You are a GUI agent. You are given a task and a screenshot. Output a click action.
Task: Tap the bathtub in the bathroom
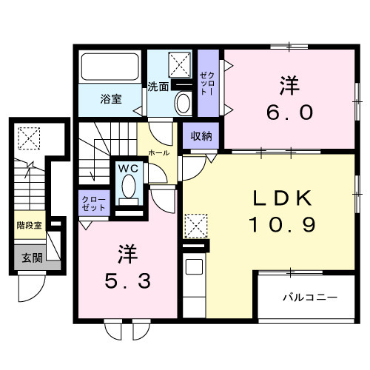[110, 68]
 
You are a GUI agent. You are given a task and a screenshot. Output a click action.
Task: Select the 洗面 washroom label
[157, 85]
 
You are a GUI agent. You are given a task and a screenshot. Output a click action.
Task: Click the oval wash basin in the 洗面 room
[182, 104]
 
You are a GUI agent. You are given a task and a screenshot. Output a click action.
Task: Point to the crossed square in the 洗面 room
[180, 62]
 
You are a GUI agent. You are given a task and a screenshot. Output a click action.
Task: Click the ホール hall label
[158, 152]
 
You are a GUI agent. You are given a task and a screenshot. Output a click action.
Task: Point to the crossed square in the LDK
[194, 223]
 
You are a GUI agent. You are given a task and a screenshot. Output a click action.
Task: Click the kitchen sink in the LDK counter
[195, 267]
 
